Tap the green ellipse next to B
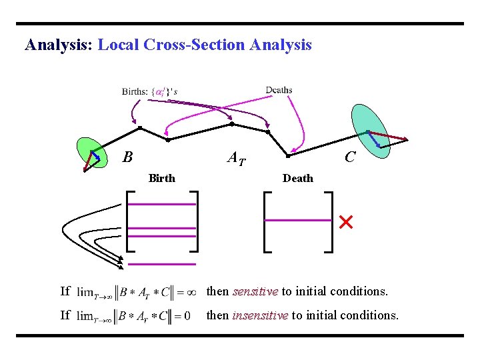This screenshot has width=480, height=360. coord(91,153)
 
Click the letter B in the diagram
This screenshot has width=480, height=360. coord(127,158)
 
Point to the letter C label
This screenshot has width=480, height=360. coord(349,157)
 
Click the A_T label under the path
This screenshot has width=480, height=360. coord(236,159)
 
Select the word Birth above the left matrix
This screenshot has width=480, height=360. coord(162,178)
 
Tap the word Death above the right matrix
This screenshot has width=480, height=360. coord(297,178)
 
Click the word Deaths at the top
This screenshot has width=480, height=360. coord(279,90)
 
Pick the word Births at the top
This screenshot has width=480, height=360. coord(135,92)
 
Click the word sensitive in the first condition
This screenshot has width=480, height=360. coord(255,291)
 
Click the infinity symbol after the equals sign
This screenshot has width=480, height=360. coord(190,291)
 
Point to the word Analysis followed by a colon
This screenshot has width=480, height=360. coord(59,45)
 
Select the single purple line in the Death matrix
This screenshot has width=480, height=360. coord(298,220)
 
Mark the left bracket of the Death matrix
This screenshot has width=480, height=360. coord(267,222)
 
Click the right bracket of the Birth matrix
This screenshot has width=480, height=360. coord(194,221)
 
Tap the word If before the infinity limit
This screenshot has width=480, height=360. coord(65,291)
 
